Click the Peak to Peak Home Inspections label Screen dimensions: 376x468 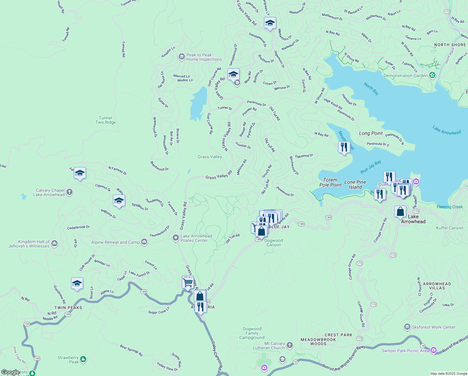[204, 57]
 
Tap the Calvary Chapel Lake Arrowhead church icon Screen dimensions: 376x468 [69, 192]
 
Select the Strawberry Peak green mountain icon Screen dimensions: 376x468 [83, 359]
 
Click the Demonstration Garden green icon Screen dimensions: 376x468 [432, 75]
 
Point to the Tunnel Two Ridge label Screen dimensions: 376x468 [106, 120]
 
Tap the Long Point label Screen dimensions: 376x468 [371, 133]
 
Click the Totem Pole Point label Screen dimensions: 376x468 [330, 182]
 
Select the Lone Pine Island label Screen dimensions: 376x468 [355, 185]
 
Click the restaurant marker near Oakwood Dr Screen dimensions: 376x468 [344, 147]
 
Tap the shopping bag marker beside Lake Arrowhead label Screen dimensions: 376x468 [400, 212]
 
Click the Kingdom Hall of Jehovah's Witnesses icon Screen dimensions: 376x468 [54, 243]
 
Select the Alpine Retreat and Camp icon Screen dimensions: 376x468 [144, 242]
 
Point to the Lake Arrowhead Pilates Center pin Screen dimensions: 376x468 [176, 238]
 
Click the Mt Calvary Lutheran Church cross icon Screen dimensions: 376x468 [290, 345]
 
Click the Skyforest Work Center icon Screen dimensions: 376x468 [407, 327]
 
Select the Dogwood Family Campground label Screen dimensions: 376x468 [252, 333]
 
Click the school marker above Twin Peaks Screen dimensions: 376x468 [77, 284]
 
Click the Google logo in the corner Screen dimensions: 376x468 [10, 372]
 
